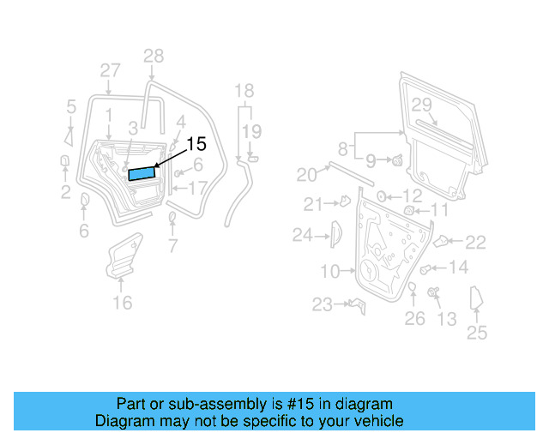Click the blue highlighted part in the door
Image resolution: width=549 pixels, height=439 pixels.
(x=142, y=174)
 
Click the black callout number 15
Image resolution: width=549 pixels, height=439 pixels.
(x=196, y=144)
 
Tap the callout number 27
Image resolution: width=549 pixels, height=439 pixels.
(x=110, y=70)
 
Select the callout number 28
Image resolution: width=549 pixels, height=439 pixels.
(x=153, y=57)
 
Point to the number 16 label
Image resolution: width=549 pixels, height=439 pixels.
(x=123, y=302)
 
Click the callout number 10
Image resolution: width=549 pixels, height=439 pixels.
(x=330, y=272)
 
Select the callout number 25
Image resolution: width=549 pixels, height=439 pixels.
(x=477, y=333)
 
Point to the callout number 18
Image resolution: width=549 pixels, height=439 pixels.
(x=244, y=91)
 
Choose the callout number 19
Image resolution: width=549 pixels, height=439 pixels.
(x=250, y=131)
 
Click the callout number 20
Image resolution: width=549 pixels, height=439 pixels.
(x=306, y=175)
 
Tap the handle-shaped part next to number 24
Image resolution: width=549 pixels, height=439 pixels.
(x=336, y=233)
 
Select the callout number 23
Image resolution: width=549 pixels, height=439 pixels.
(x=322, y=304)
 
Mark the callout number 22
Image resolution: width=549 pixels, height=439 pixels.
(x=475, y=243)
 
